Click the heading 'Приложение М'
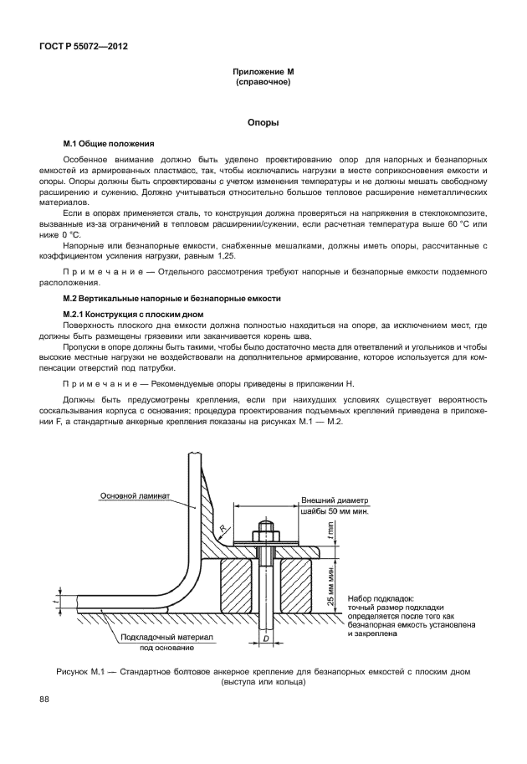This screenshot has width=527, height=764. pyautogui.click(x=263, y=74)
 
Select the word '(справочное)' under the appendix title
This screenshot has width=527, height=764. pyautogui.click(x=263, y=84)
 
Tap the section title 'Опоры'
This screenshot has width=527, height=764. pyautogui.click(x=263, y=122)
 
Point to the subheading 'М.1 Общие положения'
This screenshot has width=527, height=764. pyautogui.click(x=104, y=144)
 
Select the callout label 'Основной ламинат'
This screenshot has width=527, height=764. pyautogui.click(x=135, y=496)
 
